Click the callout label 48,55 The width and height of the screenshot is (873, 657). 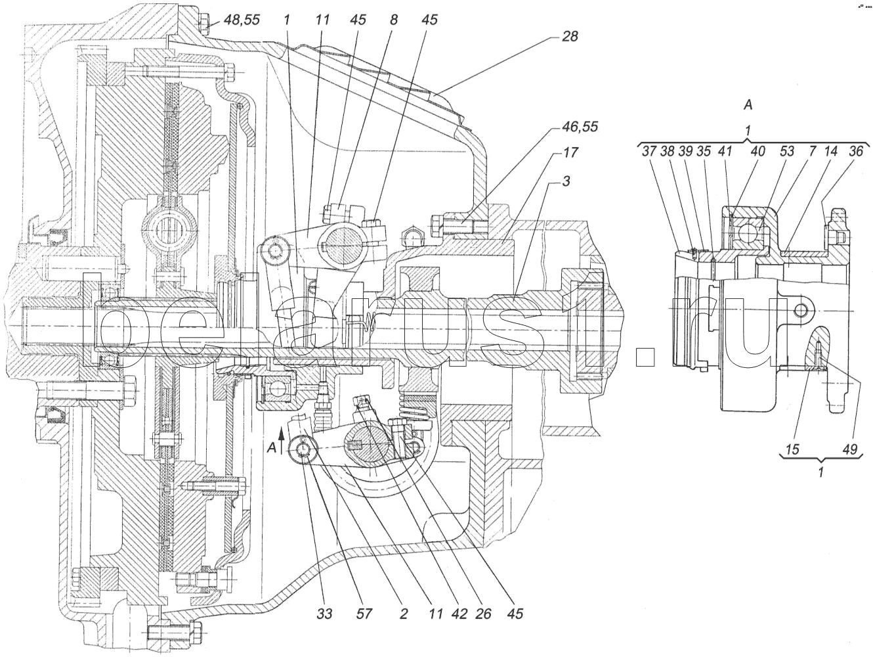point(242,20)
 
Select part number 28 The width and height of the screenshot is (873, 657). point(570,36)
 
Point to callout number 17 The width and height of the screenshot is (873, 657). point(569,152)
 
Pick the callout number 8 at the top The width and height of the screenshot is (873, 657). point(394,20)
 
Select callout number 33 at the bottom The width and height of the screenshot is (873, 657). point(324,614)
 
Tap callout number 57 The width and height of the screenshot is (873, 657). point(364,614)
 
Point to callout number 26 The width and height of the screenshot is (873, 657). point(484,614)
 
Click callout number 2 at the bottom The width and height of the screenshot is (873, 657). point(404,614)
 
